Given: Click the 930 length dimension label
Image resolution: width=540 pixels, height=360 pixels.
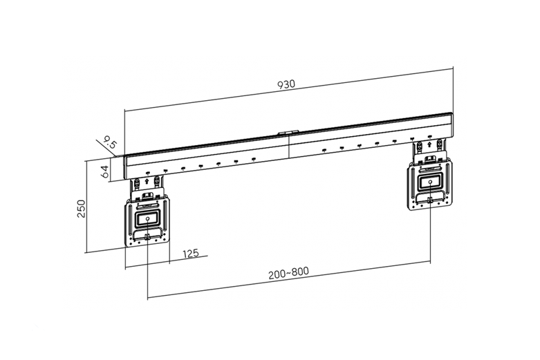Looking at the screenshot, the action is [286, 84].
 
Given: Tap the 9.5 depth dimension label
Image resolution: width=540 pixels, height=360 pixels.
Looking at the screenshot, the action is [110, 143].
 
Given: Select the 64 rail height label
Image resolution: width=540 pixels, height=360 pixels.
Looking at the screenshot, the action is [104, 172].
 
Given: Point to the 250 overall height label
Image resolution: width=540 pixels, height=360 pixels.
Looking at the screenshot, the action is [82, 208].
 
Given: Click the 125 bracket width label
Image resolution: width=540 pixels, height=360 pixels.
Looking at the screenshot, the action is [191, 254].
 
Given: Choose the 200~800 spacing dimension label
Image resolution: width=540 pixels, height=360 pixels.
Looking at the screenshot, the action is [288, 272].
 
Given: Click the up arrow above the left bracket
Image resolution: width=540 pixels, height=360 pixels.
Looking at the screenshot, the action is [147, 180].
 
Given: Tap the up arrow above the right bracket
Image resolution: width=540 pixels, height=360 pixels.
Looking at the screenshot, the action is [429, 144].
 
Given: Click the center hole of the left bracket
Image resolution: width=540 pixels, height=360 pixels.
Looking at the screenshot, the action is [147, 219].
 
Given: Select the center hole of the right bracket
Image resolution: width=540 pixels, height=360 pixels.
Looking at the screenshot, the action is [430, 182].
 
